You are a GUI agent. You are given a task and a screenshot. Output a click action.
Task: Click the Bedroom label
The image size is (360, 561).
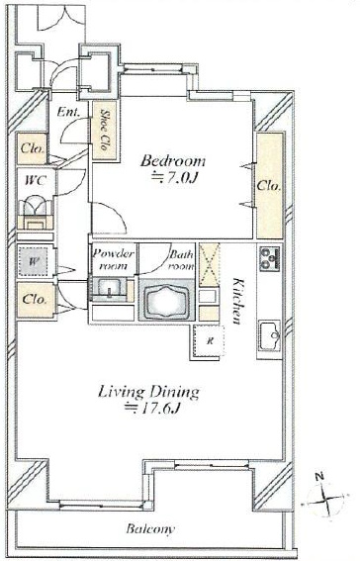click(173, 161)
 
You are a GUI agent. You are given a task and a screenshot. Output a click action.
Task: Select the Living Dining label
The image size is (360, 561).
click(148, 392)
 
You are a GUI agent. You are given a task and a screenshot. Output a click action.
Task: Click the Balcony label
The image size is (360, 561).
click(150, 528)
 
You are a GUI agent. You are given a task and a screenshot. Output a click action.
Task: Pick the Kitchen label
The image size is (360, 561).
click(236, 301)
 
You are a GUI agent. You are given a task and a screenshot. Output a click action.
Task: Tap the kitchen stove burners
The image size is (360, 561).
click(270, 258)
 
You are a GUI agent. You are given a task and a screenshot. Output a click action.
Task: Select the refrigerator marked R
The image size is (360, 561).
click(209, 340)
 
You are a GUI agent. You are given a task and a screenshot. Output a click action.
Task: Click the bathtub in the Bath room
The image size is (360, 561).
click(166, 301)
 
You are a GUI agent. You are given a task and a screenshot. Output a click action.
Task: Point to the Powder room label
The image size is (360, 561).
click(114, 260)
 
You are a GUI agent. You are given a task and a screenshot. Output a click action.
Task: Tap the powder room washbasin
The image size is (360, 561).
click(109, 287)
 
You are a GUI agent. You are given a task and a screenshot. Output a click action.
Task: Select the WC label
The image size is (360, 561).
click(36, 181)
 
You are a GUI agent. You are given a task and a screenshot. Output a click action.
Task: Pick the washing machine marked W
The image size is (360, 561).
click(33, 262)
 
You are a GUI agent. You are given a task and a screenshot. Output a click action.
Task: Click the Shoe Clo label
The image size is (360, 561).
click(105, 130)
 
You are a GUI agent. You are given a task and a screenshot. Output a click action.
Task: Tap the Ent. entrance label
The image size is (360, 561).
click(68, 112)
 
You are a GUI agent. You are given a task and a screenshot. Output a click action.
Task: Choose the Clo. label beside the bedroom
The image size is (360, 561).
click(269, 186)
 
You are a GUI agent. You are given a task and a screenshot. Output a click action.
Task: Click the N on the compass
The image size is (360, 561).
click(319, 476)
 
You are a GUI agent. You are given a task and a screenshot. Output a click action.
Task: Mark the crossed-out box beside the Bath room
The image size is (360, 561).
click(209, 265)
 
